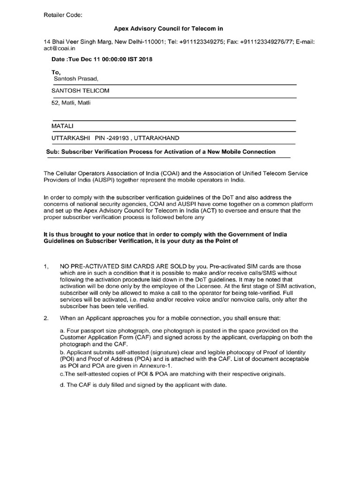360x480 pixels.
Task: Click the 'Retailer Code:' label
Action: pyautogui.click(x=63, y=15)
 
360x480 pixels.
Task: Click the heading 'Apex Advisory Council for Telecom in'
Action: pyautogui.click(x=169, y=29)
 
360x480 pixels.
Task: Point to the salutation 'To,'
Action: pyautogui.click(x=56, y=72)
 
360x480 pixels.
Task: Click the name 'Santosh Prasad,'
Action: pyautogui.click(x=76, y=78)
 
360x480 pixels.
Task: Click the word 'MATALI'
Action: pyautogui.click(x=63, y=126)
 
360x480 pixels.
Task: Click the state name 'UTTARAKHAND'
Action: pyautogui.click(x=156, y=138)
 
